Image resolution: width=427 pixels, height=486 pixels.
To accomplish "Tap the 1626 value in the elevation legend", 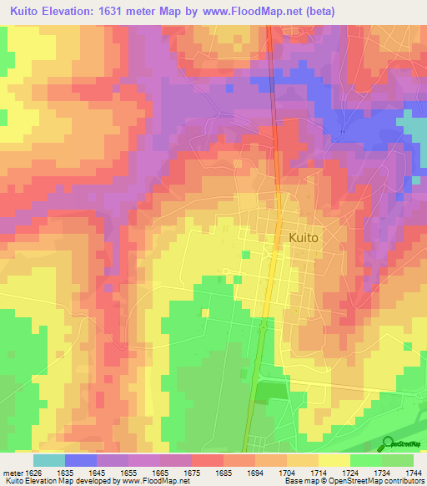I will click(x=34, y=472).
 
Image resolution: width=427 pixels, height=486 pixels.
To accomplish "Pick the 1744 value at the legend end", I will click(x=412, y=472).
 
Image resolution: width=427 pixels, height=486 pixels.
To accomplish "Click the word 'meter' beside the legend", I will click(x=13, y=472).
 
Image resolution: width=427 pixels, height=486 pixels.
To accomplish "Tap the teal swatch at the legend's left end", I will click(x=48, y=460).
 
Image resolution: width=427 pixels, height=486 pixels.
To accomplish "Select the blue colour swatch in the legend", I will click(x=80, y=460).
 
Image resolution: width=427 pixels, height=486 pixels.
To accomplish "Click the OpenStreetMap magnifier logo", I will click(x=388, y=443).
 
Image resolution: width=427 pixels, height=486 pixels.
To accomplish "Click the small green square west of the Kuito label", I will click(x=245, y=253).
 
